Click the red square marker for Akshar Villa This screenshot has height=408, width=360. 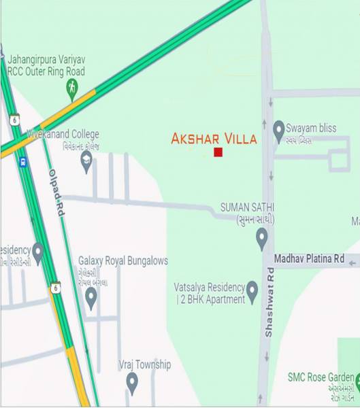pyautogui.click(x=218, y=152)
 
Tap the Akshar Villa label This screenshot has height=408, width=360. pyautogui.click(x=214, y=139)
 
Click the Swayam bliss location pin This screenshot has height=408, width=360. pyautogui.click(x=278, y=129)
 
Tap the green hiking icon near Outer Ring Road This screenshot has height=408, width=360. pyautogui.click(x=72, y=87)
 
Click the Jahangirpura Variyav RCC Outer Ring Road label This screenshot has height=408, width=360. pyautogui.click(x=46, y=65)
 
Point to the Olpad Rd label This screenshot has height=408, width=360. pyautogui.click(x=56, y=193)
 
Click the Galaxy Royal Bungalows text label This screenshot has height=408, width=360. pyautogui.click(x=122, y=260)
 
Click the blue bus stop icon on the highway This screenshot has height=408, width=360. pyautogui.click(x=24, y=162)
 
